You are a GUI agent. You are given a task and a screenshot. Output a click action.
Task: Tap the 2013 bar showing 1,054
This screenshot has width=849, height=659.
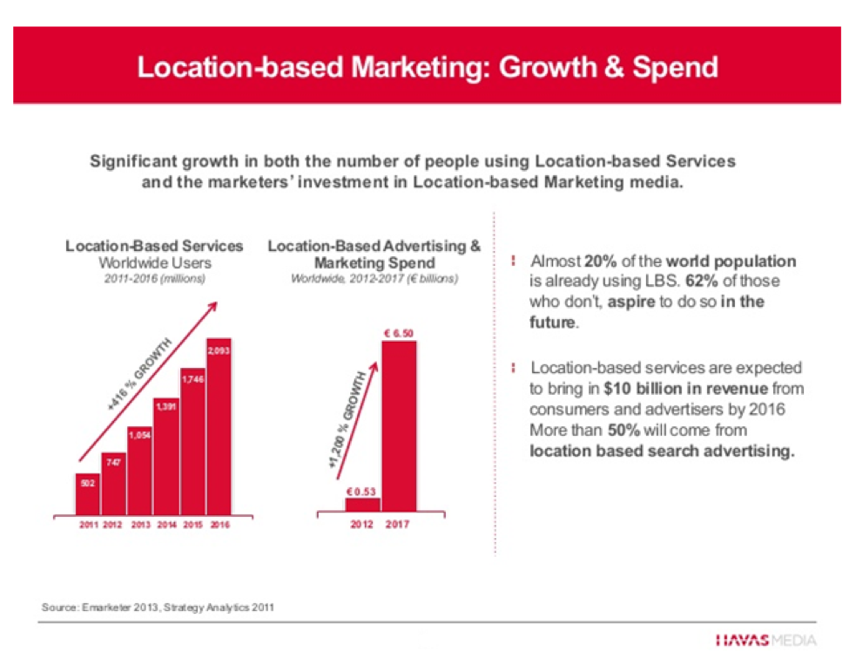(x=140, y=471)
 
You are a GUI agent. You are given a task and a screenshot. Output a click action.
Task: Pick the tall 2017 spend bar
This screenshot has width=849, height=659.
(x=399, y=427)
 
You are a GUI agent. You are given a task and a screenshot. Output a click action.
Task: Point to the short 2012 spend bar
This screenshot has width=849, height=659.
(x=362, y=505)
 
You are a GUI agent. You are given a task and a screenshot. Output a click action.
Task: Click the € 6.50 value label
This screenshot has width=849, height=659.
(x=398, y=333)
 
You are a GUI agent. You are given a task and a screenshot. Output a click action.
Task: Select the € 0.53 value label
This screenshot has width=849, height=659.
(x=361, y=492)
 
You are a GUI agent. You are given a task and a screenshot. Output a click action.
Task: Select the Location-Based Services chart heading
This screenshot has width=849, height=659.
(x=154, y=247)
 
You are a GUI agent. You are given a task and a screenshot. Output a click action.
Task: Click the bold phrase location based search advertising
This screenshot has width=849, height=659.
(x=662, y=452)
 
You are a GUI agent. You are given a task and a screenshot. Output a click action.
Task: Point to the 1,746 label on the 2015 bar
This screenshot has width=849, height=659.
(x=192, y=379)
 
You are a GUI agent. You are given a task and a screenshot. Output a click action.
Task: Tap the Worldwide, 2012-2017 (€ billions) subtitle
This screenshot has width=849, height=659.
(x=374, y=279)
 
